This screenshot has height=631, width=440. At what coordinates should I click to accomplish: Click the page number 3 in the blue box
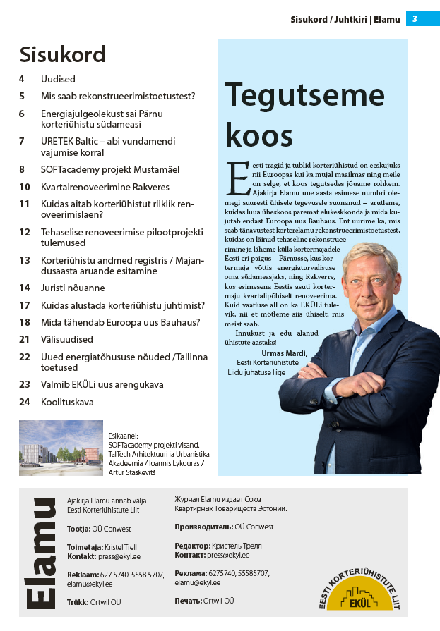[415, 19]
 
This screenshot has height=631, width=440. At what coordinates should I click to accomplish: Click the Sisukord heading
[62, 54]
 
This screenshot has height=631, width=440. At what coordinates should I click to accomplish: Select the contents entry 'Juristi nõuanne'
[73, 288]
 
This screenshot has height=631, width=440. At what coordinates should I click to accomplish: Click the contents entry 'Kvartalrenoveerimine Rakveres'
[105, 187]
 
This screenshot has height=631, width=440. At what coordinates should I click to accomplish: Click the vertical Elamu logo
[42, 553]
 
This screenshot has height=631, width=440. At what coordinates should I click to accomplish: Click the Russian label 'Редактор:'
[192, 546]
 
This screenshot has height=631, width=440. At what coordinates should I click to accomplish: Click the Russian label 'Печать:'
[187, 601]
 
